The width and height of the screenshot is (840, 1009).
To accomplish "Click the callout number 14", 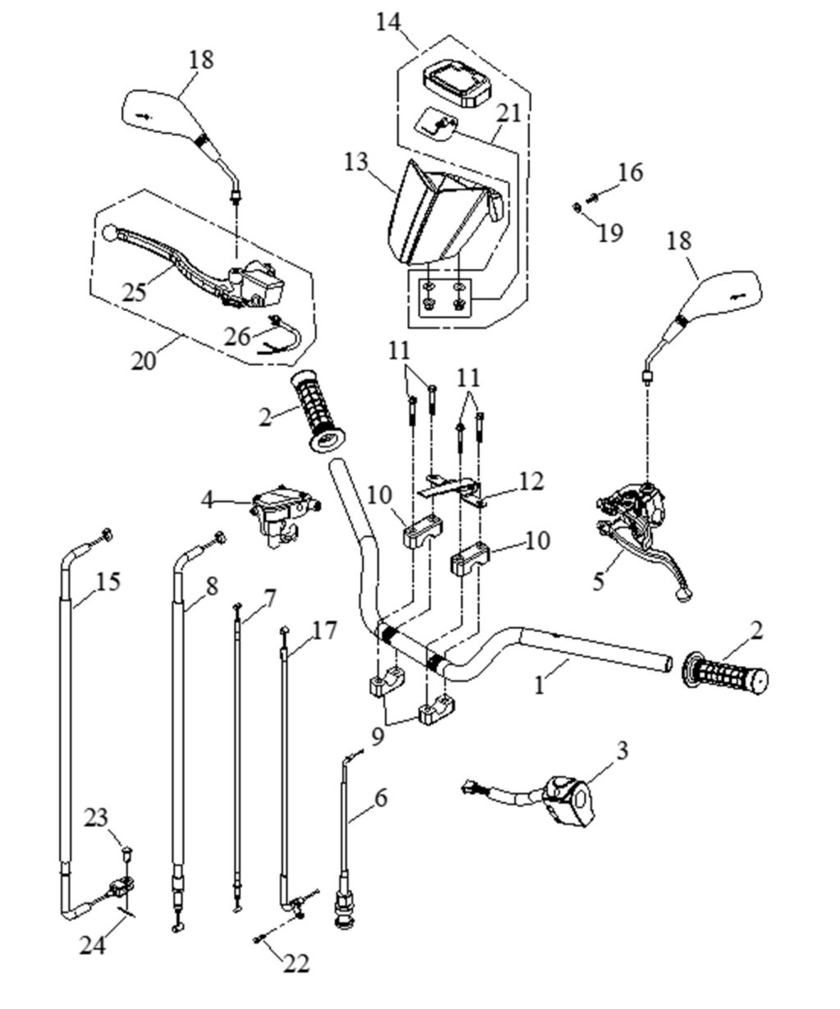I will click(389, 21).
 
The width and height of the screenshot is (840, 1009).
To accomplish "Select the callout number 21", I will click(509, 113).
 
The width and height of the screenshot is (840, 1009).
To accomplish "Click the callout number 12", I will click(531, 482).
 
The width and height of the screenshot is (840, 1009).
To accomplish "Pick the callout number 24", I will click(93, 945).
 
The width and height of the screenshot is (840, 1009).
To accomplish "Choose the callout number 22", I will click(296, 963).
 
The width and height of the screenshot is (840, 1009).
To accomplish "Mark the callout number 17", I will click(325, 630).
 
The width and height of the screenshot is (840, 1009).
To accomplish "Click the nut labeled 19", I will click(578, 207).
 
